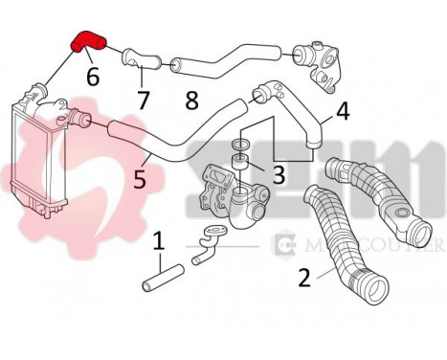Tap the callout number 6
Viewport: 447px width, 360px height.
click(92, 76)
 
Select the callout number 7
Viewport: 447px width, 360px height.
click(143, 99)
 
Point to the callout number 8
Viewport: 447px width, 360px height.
click(190, 100)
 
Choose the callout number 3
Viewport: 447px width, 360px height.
click(279, 174)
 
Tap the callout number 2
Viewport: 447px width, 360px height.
click(303, 278)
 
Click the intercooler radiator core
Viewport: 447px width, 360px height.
click(34, 158)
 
